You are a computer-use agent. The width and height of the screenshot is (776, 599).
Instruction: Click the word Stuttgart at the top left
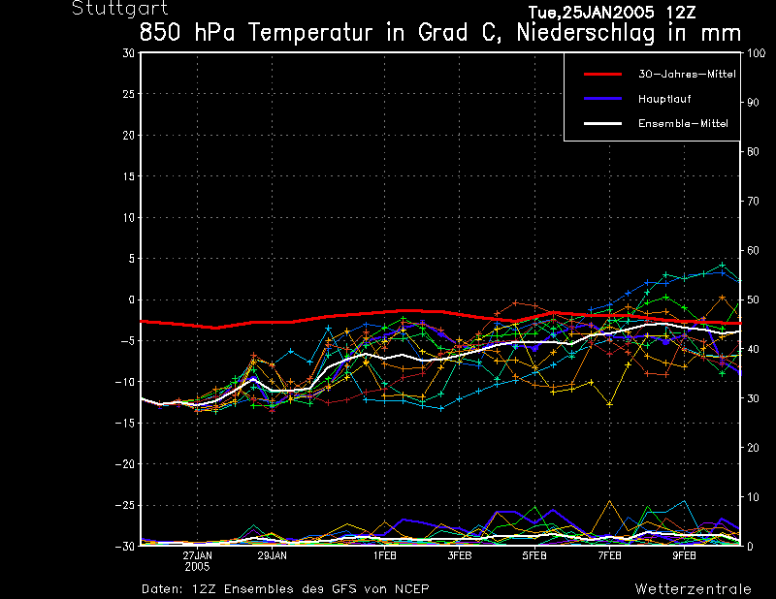tap(106, 9)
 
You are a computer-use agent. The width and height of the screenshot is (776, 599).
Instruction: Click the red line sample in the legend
tap(601, 74)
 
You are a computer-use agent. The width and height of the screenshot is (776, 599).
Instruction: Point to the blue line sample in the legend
tap(601, 99)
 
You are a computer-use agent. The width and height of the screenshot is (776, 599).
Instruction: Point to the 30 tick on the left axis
tap(128, 53)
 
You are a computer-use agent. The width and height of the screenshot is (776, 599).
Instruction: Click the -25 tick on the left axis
tap(125, 505)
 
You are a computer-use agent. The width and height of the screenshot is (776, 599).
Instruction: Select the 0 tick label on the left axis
tap(131, 299)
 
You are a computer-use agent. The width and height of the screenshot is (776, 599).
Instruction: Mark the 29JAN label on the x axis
tap(272, 555)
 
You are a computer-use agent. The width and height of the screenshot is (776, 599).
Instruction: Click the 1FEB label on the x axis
tap(384, 555)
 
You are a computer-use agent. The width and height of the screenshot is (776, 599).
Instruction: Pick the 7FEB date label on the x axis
tap(609, 555)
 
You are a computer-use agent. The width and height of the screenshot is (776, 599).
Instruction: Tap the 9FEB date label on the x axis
tap(684, 555)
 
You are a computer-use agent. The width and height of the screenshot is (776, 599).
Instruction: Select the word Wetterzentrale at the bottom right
tap(693, 588)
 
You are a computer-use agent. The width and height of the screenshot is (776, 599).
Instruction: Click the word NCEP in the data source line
tap(411, 588)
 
